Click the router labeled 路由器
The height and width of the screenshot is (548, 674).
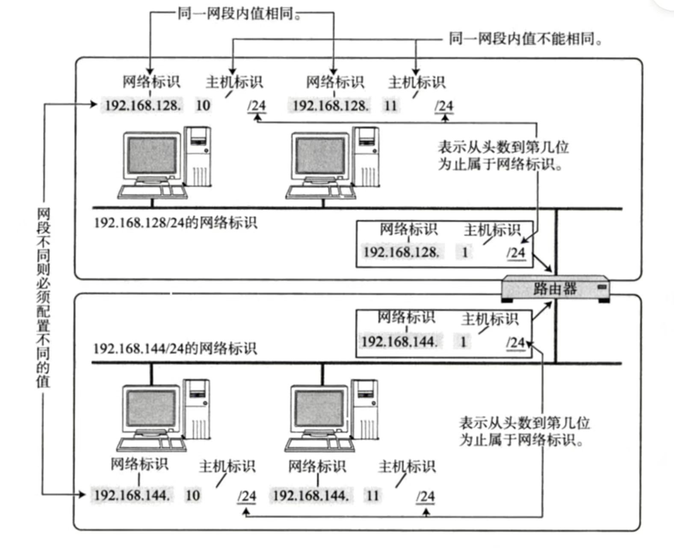click(555, 289)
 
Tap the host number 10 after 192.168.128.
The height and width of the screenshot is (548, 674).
click(203, 105)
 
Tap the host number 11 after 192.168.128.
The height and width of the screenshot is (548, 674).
click(390, 105)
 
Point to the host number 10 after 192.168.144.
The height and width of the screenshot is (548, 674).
click(192, 495)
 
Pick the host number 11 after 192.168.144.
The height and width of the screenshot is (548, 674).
click(372, 495)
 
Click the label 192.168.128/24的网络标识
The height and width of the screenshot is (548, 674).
click(175, 223)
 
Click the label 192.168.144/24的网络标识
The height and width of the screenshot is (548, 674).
click(175, 348)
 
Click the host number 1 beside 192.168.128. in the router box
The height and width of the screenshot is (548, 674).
click(465, 252)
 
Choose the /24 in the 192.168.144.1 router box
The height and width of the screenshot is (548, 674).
click(515, 342)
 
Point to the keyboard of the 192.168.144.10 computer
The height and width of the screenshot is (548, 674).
click(152, 444)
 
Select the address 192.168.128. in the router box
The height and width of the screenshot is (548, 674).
click(401, 252)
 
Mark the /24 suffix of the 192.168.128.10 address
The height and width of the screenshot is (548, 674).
click(257, 106)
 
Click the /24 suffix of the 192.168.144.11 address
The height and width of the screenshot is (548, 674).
click(426, 496)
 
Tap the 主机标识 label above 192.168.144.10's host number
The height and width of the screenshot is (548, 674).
click(227, 466)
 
